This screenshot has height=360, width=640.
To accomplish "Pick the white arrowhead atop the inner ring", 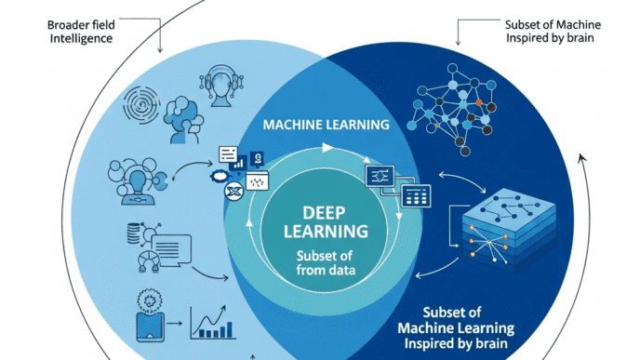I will tap(327, 147).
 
